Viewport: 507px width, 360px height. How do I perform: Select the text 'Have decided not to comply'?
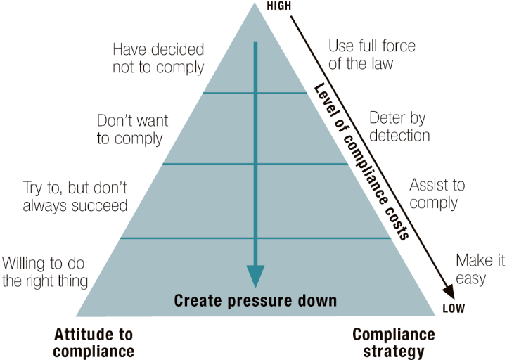tap(158, 58)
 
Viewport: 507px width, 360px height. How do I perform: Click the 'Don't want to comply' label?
tap(130, 129)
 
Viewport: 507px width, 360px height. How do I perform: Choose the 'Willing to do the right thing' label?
tap(44, 272)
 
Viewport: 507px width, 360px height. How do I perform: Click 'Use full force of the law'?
tap(372, 54)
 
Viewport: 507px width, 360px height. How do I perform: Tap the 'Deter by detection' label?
tap(399, 125)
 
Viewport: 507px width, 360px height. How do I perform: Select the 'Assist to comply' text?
tap(437, 194)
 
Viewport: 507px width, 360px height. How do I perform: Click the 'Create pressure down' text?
tap(255, 301)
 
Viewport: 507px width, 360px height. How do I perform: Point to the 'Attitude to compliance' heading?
tap(93, 342)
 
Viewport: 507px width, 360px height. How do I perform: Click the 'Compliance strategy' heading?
tap(394, 342)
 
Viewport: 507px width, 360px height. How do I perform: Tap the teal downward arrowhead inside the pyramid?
tap(255, 276)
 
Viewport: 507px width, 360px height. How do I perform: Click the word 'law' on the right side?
tap(380, 63)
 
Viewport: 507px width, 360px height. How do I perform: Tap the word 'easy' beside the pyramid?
tap(471, 278)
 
